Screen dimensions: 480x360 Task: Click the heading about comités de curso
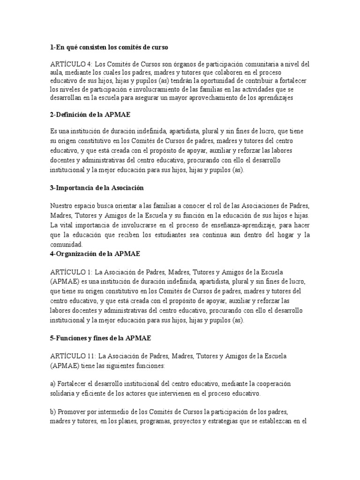coord(108,47)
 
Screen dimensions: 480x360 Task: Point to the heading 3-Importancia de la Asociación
coord(97,188)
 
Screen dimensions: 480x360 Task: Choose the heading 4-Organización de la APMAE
coord(95,254)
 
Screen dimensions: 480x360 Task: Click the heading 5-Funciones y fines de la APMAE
coord(101,337)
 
